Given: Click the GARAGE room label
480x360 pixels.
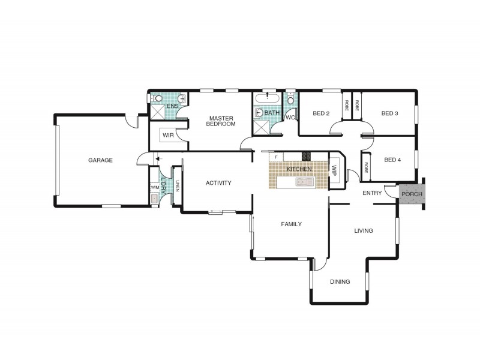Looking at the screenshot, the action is pos(100,160).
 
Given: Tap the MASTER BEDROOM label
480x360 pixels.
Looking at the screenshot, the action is pos(221,121).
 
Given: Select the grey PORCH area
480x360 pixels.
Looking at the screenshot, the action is pos(412,194).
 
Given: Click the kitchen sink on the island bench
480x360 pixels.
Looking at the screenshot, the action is pos(305,182).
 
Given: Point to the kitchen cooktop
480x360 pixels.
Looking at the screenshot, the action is pos(306,157).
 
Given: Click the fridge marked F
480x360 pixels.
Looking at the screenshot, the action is pos(276,157).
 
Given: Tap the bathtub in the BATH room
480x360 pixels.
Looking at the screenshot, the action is pos(267,98).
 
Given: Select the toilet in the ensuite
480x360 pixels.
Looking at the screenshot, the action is pos(158,98).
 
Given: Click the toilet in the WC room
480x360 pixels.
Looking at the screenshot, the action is pos(290,100).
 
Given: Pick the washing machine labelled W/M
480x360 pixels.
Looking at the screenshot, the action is pos(155,187).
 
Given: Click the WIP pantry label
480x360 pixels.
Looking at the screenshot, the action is pos(334,171).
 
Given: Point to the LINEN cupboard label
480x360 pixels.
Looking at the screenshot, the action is pos(177,186).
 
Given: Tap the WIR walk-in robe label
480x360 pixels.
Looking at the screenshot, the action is pos(168,136).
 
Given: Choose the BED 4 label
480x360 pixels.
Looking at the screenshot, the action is pos(392,160).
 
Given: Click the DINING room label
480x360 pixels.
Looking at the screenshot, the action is pos(340,281).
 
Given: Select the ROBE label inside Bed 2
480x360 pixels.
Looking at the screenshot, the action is pos(347,106).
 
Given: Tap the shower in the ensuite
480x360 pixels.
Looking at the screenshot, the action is pos(157,112).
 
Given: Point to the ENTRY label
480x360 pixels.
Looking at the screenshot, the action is pos(372,193).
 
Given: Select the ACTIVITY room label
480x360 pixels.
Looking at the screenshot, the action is pos(218,183).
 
